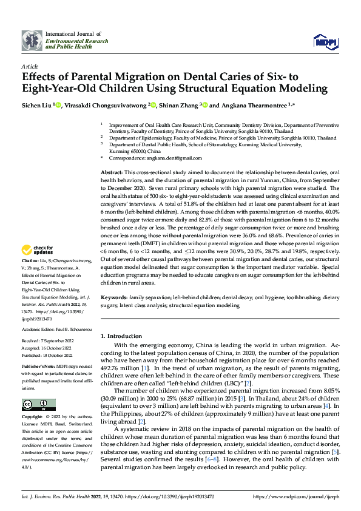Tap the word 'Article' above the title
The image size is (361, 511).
tap(29, 66)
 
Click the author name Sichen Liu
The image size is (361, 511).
tap(36, 105)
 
